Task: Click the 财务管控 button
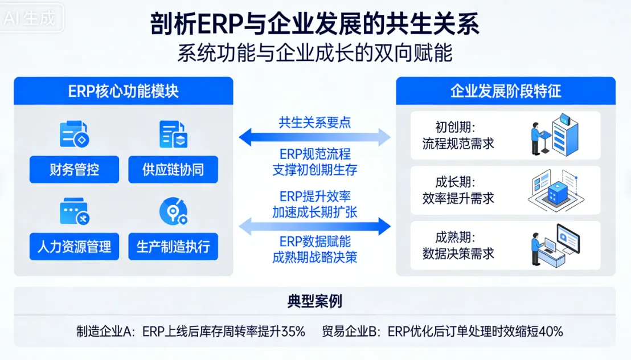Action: [74, 169]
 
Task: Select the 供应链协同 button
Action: [173, 169]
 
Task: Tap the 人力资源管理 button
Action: [74, 247]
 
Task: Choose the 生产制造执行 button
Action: [173, 247]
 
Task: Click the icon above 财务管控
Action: [74, 134]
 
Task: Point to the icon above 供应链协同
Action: [173, 134]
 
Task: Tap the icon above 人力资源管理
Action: [74, 212]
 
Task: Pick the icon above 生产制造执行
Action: [173, 212]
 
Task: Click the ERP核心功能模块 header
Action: [124, 91]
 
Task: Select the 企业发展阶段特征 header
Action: [506, 91]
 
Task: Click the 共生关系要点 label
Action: [314, 122]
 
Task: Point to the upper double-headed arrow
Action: [314, 137]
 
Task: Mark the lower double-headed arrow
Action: [314, 227]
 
